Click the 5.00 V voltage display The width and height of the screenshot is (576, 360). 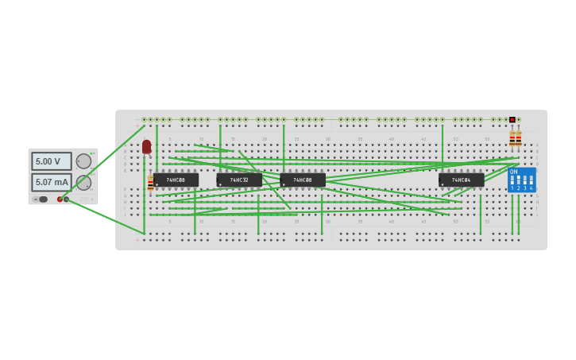[51, 161]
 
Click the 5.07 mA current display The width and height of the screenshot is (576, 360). [51, 182]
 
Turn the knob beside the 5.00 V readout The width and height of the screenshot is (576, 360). [83, 161]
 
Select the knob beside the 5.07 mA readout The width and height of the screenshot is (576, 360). [83, 182]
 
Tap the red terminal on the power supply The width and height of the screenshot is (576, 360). [60, 199]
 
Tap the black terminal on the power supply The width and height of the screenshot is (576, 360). [66, 199]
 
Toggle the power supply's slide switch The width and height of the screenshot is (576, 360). [42, 199]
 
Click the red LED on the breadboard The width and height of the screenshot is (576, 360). [147, 146]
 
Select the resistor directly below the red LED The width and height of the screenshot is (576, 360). [150, 183]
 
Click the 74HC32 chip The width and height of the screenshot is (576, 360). [239, 180]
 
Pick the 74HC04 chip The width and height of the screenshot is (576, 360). [462, 180]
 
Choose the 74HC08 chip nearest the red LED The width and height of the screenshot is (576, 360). [176, 180]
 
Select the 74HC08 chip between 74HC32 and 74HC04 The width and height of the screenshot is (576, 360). [303, 180]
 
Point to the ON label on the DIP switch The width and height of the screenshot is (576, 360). [513, 172]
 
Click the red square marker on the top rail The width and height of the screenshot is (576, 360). [512, 120]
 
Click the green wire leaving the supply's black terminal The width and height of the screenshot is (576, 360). [103, 215]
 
